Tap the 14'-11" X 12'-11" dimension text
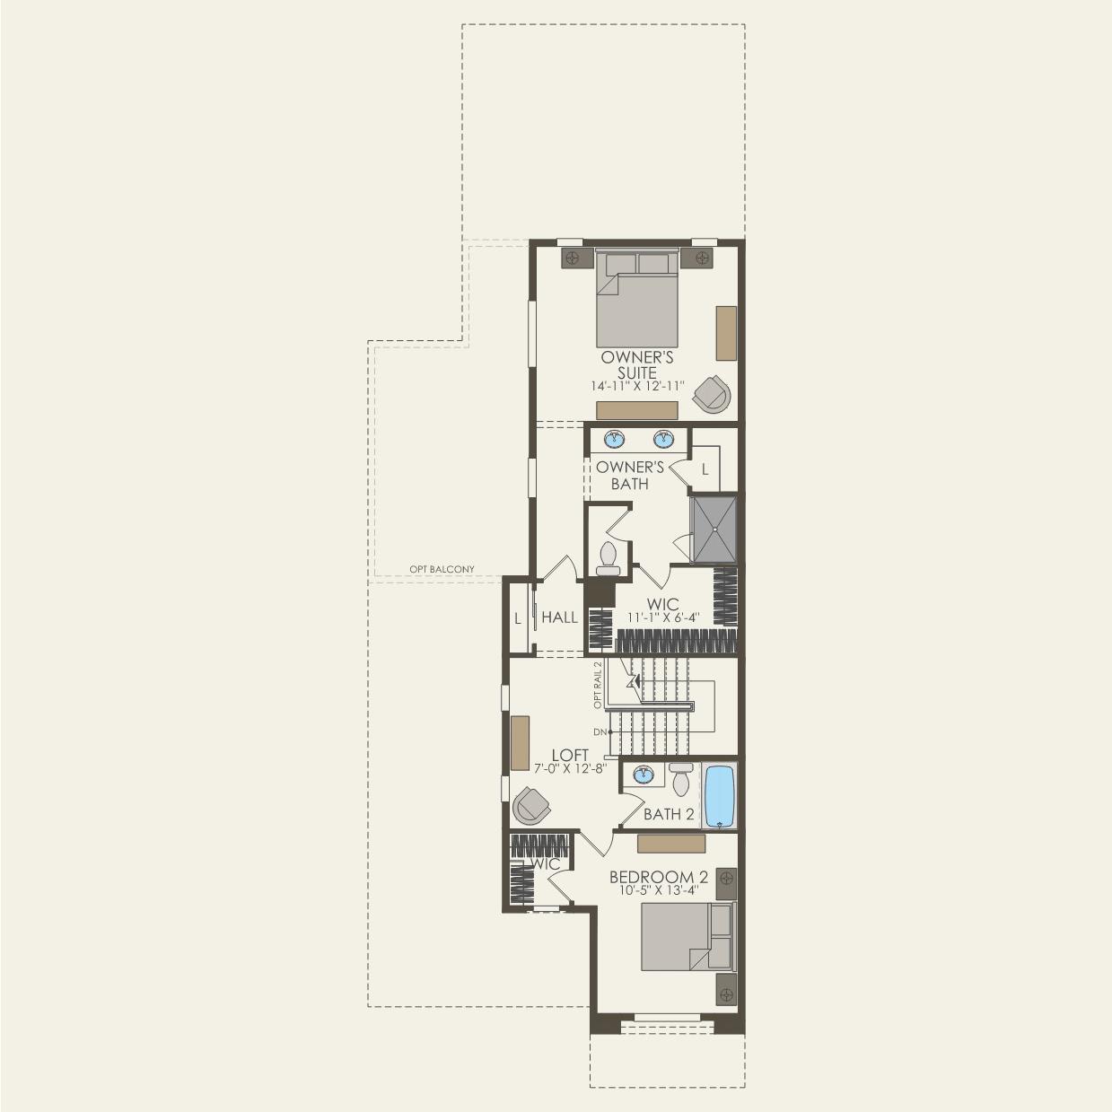tap(637, 386)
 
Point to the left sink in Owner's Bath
tap(615, 439)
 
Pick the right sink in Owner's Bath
tap(663, 439)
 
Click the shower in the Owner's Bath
tap(714, 529)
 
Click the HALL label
tap(559, 617)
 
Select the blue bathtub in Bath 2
tap(720, 796)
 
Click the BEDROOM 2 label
tap(659, 877)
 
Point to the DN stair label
tap(600, 732)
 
